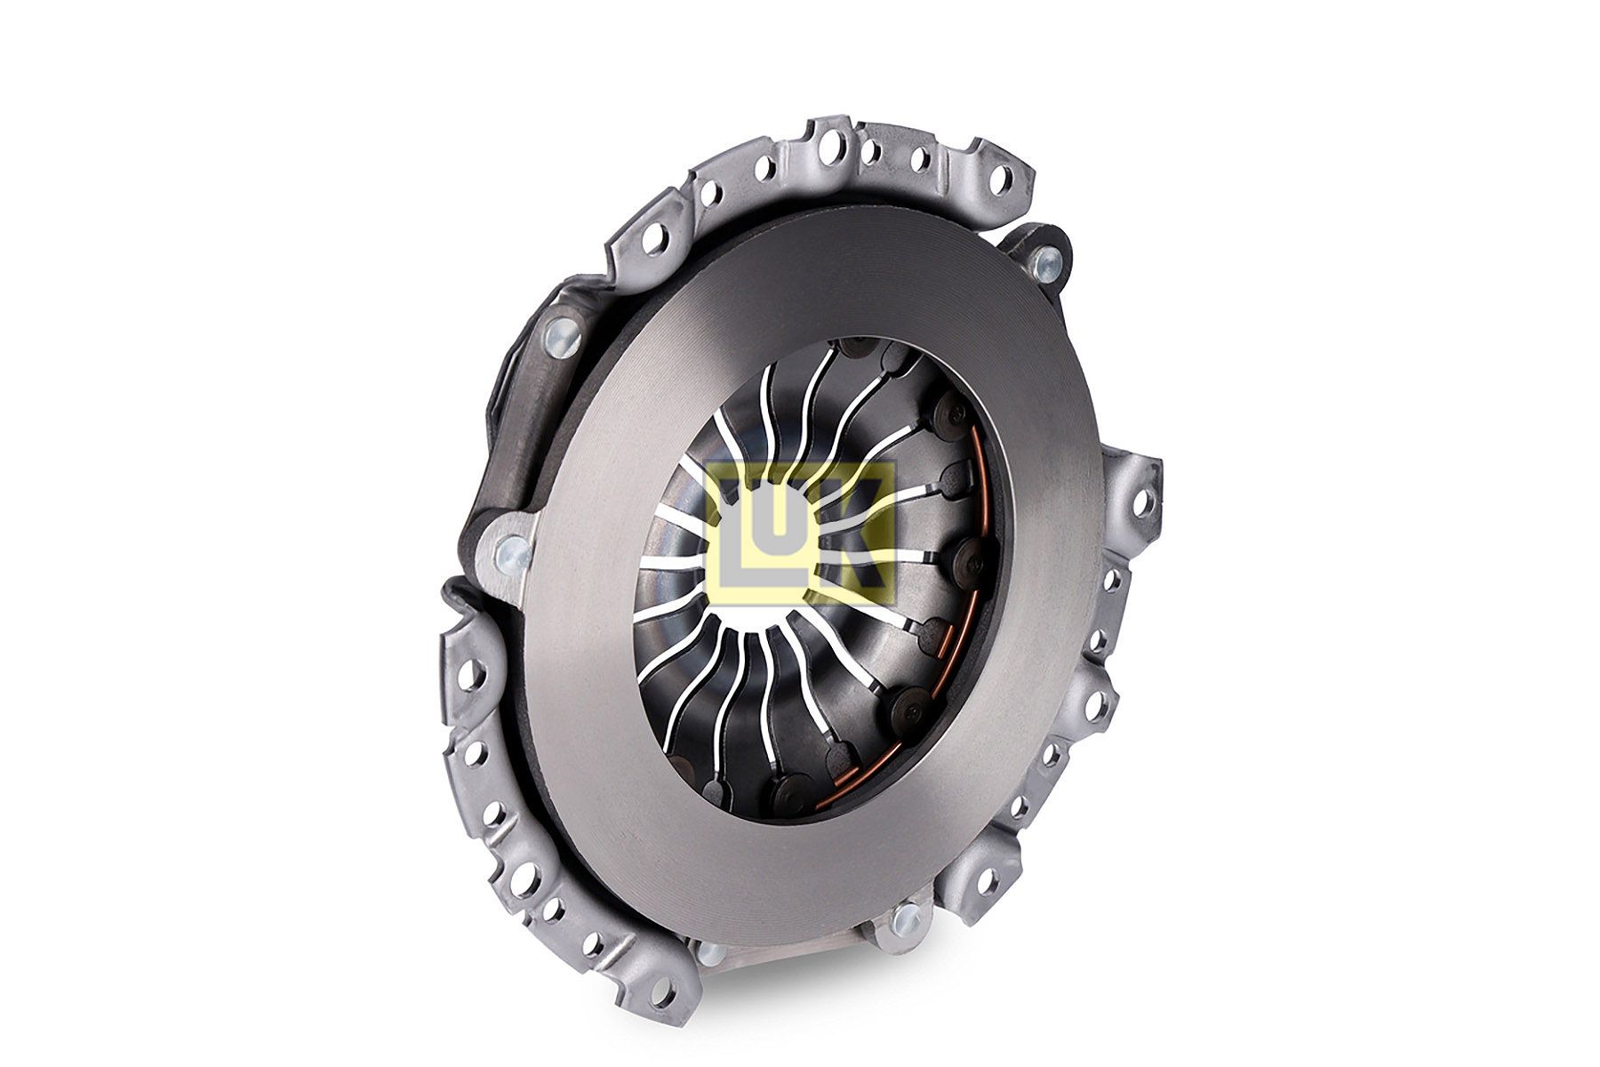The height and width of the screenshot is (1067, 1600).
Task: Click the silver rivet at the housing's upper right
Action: [1046, 261]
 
